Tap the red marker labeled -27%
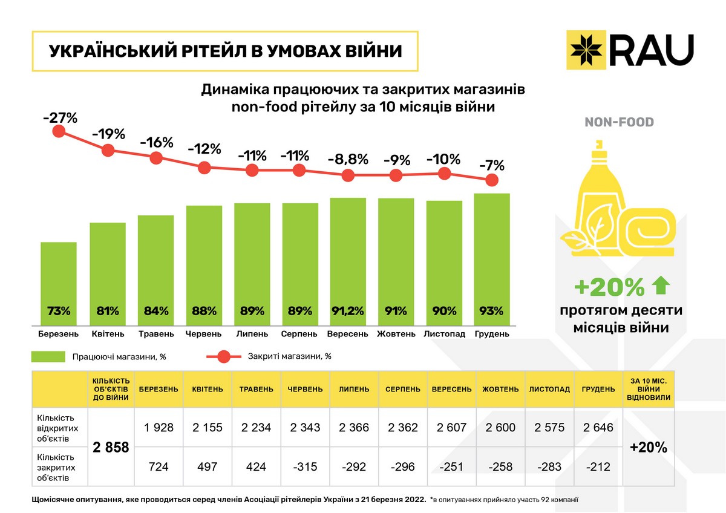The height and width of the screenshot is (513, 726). (59, 131)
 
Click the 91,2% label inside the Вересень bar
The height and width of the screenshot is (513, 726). (348, 312)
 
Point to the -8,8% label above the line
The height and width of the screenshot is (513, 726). (347, 160)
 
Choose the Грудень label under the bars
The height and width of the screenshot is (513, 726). (492, 333)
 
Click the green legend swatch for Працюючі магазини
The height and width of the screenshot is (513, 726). (48, 356)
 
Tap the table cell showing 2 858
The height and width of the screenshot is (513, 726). (111, 448)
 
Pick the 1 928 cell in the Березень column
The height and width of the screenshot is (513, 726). (159, 428)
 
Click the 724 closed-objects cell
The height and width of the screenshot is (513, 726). (159, 466)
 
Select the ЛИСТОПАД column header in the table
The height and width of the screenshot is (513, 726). (549, 389)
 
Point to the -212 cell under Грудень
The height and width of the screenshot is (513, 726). (598, 466)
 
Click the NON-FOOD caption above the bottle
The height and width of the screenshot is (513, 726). (619, 123)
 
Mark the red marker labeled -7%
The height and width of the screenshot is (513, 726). (492, 180)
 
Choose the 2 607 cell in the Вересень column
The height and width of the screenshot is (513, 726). (451, 428)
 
